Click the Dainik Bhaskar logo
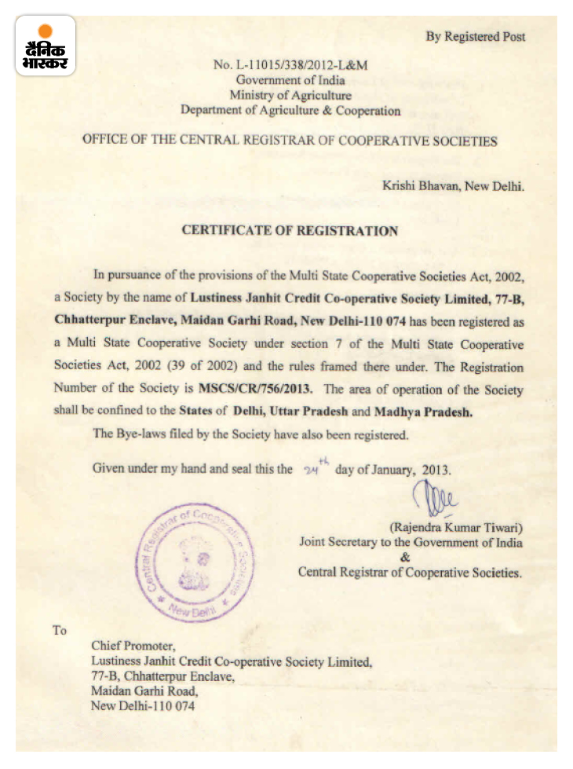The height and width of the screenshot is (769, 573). point(45,46)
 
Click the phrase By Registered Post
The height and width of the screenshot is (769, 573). point(476,36)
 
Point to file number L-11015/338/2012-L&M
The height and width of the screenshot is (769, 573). point(290,64)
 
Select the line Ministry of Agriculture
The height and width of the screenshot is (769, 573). point(290,95)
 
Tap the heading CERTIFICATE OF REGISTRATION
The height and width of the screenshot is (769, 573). point(290,231)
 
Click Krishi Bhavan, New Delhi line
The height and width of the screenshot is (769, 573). point(453,186)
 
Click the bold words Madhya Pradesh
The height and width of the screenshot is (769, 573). point(423,411)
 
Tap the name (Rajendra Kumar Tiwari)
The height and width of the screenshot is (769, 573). point(456,526)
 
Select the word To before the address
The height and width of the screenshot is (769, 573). point(60,630)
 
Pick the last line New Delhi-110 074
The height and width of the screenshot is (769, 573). point(142,706)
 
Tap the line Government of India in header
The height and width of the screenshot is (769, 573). point(290,79)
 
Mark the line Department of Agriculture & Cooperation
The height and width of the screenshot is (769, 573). point(290,111)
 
